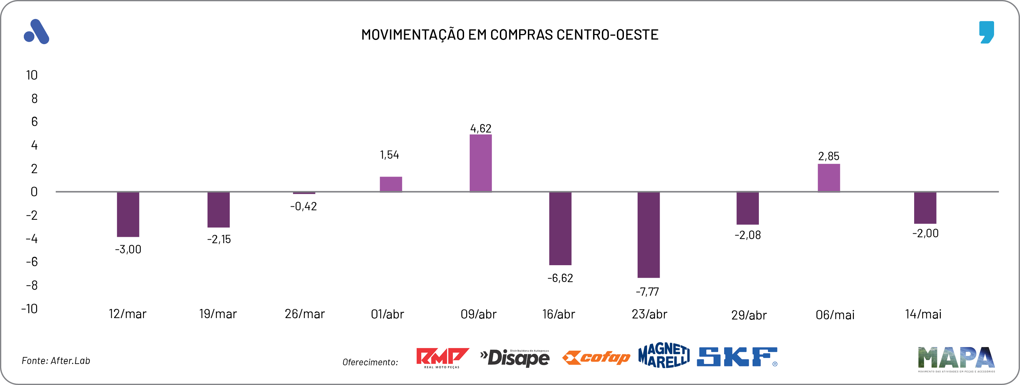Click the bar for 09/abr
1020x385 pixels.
pos(480,163)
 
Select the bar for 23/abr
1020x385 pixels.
pos(648,235)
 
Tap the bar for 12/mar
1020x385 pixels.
pos(128,214)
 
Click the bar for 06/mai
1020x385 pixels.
pos(828,178)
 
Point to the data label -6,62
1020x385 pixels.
pos(560,278)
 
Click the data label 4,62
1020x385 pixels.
pos(480,128)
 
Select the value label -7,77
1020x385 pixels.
pos(647,292)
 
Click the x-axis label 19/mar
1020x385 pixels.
pos(218,314)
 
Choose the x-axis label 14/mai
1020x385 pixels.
pos(923,315)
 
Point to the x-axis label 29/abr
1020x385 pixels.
pos(749,315)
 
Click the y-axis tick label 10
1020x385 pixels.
pos(32,75)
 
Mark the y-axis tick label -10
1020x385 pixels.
pos(29,309)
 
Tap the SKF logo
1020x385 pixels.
pos(737,357)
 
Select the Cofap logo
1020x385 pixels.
pos(596,358)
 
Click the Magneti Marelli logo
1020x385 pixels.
pos(664,355)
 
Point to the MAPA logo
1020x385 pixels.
pos(956,358)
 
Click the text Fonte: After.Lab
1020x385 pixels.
pos(56,361)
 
